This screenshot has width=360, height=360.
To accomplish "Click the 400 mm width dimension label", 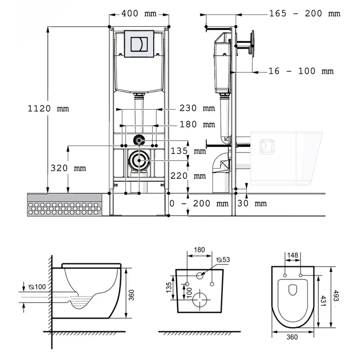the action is tap(139, 14).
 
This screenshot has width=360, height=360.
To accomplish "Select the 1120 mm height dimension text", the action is tap(48, 108).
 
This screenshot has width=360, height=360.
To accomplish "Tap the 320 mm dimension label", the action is tap(68, 168).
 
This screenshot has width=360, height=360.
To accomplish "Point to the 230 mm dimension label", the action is tap(197, 108).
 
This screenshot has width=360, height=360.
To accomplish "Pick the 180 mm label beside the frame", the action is tap(197, 124).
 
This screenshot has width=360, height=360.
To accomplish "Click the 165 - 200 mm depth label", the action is tap(305, 14).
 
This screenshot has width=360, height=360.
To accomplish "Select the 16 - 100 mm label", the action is tap(301, 71).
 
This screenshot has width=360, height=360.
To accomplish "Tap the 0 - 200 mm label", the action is tap(199, 203).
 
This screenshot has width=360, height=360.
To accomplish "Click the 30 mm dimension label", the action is tap(252, 203).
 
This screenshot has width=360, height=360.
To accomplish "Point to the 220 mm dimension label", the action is tap(188, 176).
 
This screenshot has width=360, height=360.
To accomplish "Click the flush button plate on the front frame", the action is tap(139, 44).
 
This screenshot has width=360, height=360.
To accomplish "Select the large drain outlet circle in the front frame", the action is tap(139, 160).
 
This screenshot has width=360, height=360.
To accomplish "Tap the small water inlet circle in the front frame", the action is tap(139, 140).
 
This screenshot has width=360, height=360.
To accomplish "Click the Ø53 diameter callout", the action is tap(223, 260).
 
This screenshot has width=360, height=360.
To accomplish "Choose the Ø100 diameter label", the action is tap(37, 287).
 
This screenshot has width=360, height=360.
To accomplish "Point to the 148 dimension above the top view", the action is tap(292, 255).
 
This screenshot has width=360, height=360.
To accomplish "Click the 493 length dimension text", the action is tap(336, 296).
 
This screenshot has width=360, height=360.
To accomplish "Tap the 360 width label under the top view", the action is tap(292, 337).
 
